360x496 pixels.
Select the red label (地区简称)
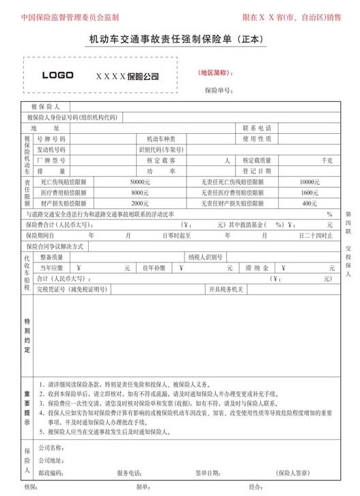[x=214, y=72]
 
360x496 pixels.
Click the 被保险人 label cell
[x=46, y=107]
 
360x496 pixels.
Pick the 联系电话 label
[x=257, y=128]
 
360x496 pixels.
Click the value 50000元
[x=139, y=182]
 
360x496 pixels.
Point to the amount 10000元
[x=309, y=182]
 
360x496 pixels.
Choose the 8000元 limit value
[x=140, y=193]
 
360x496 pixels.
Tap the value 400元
[x=309, y=204]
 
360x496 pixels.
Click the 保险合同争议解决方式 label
[x=55, y=246]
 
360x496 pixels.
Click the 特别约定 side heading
[x=27, y=335]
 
